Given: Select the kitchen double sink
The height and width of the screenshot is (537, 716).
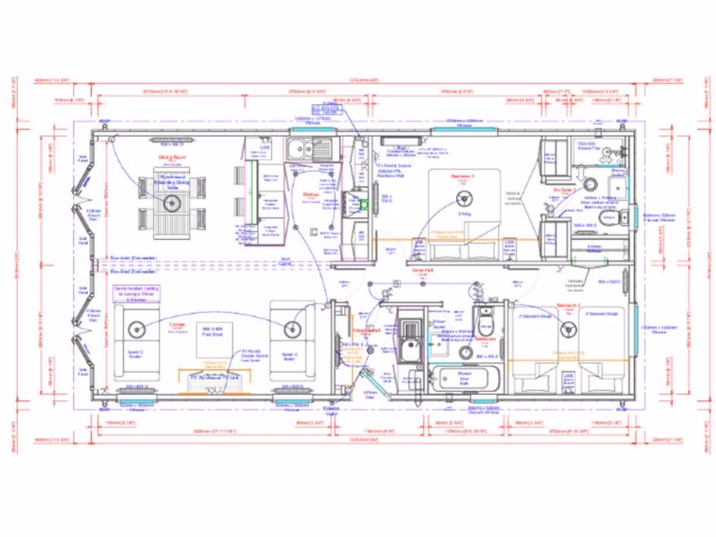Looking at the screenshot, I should pos(310,148).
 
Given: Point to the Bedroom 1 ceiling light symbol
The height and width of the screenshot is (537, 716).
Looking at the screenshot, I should pos(462,196).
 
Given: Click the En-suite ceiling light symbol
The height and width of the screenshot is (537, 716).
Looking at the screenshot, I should pos(591,184).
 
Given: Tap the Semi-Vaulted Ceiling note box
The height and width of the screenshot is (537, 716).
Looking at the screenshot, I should pos(137,294).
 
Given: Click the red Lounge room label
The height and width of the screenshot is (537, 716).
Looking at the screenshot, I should pos(178,325).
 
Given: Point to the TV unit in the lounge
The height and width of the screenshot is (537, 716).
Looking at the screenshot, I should pos(206,378).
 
